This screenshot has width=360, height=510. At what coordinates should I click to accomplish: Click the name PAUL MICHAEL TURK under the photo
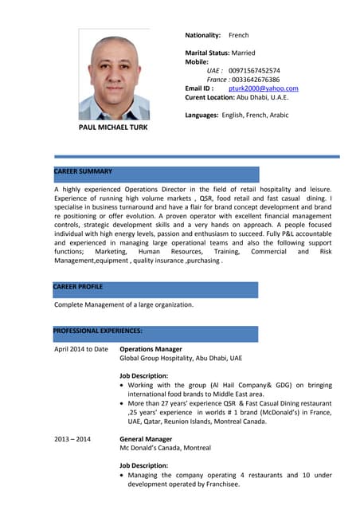(113, 127)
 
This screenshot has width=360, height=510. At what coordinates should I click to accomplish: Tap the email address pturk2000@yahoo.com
(263, 88)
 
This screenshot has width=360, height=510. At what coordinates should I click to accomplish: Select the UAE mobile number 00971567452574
(254, 70)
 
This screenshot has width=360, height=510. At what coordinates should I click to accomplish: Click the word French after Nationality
(239, 36)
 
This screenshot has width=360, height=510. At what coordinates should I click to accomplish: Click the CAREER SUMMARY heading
(83, 171)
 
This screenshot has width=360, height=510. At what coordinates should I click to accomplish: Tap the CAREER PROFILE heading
(78, 286)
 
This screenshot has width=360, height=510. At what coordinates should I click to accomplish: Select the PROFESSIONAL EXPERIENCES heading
(98, 331)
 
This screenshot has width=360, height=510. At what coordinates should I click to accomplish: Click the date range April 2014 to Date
(80, 349)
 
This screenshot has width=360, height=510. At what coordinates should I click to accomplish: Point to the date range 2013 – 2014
(72, 439)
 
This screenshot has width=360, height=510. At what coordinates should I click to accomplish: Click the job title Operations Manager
(151, 349)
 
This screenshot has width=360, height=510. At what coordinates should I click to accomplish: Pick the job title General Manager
(146, 439)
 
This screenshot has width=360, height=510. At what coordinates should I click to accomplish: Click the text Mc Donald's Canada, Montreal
(165, 449)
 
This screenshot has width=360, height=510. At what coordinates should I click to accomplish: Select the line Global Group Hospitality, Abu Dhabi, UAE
(180, 359)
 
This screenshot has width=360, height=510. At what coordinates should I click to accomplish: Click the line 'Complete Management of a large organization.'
(123, 304)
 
